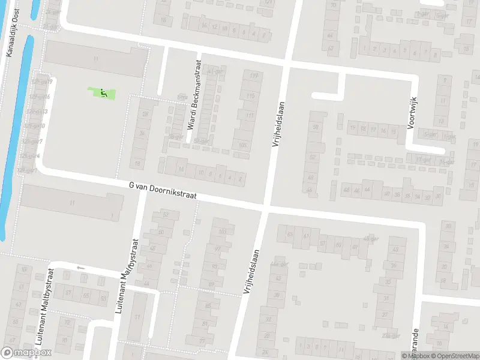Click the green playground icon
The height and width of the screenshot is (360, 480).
pos(103,93)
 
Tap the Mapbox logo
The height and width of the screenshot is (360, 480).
pos(26,353)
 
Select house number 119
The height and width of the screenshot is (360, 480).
pos(254,76)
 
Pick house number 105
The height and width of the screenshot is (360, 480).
pos(243,145)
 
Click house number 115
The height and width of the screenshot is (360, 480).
pos(250,96)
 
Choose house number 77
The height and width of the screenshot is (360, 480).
pos(202,341)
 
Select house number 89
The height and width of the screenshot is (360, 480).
pos(211,284)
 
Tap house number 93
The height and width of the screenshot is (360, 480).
pos(214,266)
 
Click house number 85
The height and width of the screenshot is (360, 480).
pos(208,306)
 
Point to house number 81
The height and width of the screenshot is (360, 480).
pos(205,324)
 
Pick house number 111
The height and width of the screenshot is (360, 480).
pos(250,115)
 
